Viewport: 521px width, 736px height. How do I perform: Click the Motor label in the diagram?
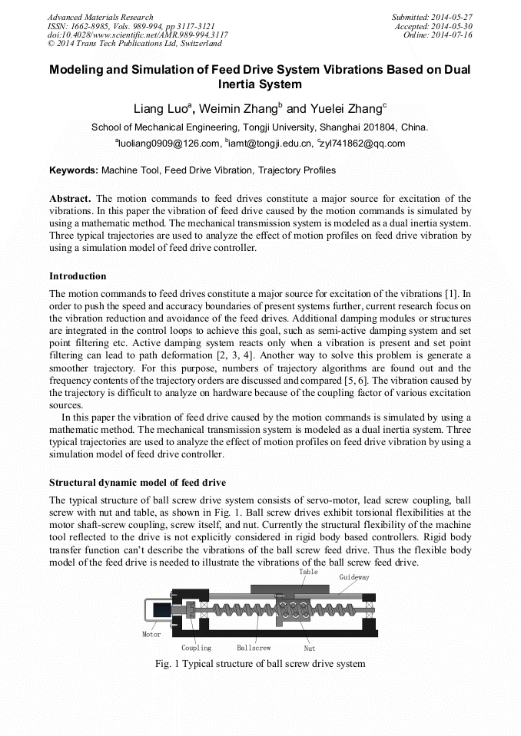(x=151, y=635)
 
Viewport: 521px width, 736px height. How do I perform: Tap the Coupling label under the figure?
(x=196, y=648)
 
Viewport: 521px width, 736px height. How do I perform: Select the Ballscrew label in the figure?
(x=254, y=648)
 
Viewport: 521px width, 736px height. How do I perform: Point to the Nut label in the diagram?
(x=310, y=649)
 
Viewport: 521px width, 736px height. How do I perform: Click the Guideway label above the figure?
(x=354, y=576)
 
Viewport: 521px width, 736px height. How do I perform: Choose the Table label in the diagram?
(x=308, y=572)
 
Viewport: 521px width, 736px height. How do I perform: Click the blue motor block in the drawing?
(x=161, y=610)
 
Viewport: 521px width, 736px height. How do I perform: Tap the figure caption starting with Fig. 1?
(x=260, y=663)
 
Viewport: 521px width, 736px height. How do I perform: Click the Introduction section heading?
(x=78, y=276)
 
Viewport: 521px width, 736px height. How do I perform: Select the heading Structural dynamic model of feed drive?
(x=138, y=483)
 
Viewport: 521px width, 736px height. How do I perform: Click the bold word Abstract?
(x=71, y=199)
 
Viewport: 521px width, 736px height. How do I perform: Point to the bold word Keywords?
(x=74, y=170)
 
